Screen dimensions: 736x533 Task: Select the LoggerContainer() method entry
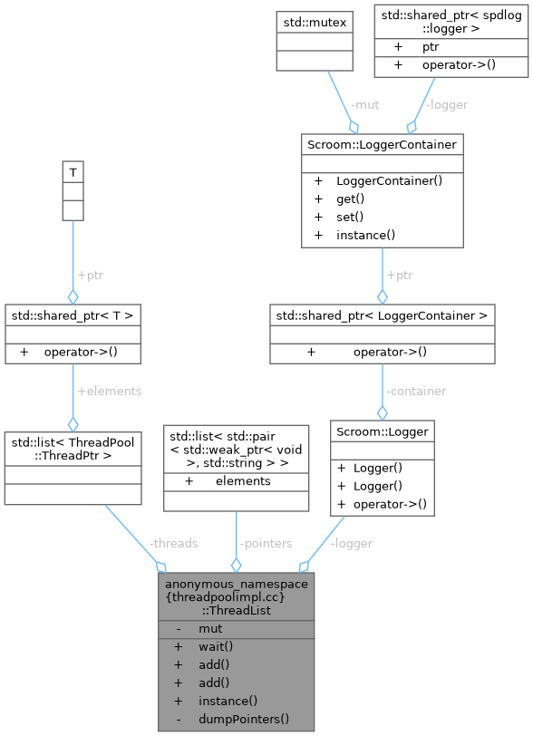(389, 180)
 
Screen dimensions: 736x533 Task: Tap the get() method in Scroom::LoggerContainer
(350, 199)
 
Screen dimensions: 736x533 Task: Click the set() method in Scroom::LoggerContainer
(349, 217)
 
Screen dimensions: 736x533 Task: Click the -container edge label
(415, 391)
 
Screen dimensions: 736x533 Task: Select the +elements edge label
(110, 391)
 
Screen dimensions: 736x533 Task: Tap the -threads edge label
(173, 543)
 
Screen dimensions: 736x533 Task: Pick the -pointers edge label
(265, 543)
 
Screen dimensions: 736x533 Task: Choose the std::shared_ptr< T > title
(73, 315)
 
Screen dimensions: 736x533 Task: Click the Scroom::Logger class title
(382, 432)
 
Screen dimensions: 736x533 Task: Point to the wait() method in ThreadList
(216, 646)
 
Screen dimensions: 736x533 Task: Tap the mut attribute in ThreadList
(210, 628)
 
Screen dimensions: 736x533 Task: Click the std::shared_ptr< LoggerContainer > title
(382, 315)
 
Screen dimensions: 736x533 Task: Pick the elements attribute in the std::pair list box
(243, 481)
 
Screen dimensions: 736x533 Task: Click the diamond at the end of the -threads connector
(160, 567)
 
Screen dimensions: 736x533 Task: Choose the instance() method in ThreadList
(228, 701)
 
